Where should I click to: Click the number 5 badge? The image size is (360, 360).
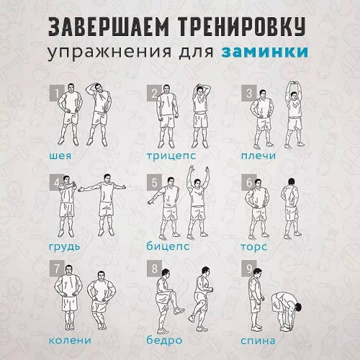(153, 182)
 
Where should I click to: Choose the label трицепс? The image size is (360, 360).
(170, 155)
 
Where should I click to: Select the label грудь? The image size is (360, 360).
(65, 246)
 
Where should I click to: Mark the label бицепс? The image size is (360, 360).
(168, 246)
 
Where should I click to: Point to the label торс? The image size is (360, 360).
(253, 246)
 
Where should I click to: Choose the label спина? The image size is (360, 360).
(258, 339)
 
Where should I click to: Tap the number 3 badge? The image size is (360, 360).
(249, 94)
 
